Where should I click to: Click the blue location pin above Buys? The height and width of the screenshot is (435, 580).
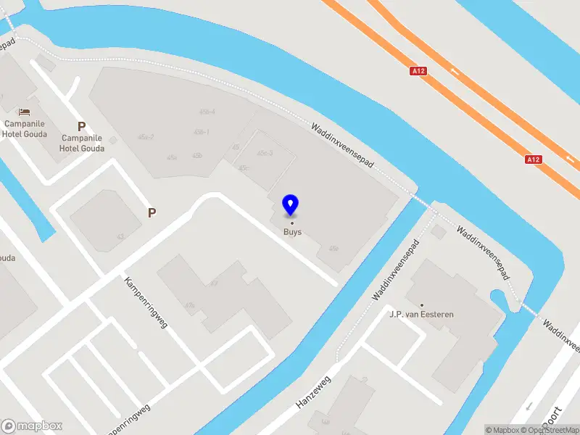[291, 205]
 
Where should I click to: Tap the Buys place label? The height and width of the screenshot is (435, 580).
[292, 233]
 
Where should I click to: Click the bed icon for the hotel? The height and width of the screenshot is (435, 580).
[25, 112]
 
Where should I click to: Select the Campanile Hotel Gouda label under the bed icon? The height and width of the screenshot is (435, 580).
[25, 129]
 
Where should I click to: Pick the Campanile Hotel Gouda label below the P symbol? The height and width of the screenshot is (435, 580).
[83, 144]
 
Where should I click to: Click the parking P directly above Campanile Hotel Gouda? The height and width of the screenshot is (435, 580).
[82, 126]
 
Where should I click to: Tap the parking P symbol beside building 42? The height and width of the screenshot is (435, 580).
[152, 212]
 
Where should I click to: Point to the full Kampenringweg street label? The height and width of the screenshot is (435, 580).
[146, 302]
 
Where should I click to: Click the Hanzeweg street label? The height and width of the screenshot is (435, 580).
[313, 391]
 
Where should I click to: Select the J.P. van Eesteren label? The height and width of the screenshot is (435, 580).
[421, 315]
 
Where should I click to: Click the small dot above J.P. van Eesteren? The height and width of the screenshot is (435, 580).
[421, 305]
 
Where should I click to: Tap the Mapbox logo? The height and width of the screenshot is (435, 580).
[32, 426]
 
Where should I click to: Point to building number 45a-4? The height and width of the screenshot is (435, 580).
[207, 112]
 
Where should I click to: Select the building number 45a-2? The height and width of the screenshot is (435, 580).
[146, 137]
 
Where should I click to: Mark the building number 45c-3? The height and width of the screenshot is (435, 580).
[265, 153]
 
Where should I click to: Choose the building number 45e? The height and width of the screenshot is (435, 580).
[333, 249]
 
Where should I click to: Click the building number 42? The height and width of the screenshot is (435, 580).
[120, 236]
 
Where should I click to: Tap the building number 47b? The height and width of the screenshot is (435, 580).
[190, 305]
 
